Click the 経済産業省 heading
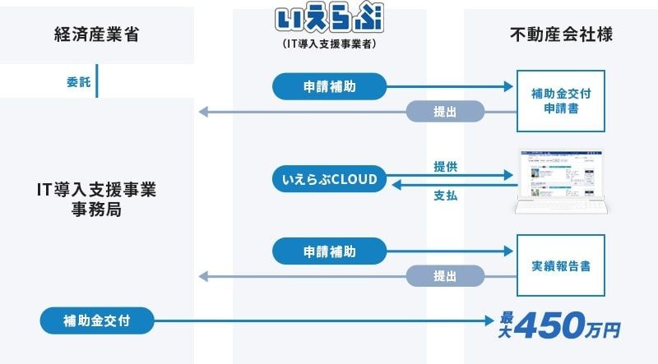pos(95,35)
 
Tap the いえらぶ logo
pos(329,17)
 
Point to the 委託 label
pos(79,82)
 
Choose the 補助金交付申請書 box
pos(561,100)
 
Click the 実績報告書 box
pos(561,266)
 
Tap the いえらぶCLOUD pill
pos(329,179)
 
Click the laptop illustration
pos(561,181)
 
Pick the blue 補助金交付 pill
pos(96,319)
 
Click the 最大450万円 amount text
pos(560,323)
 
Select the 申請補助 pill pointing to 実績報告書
pos(329,250)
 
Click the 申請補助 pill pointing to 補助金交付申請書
pos(329,85)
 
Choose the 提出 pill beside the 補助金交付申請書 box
pos(445,112)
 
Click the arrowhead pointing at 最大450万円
pos(490,319)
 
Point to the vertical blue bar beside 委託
pos(98,82)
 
